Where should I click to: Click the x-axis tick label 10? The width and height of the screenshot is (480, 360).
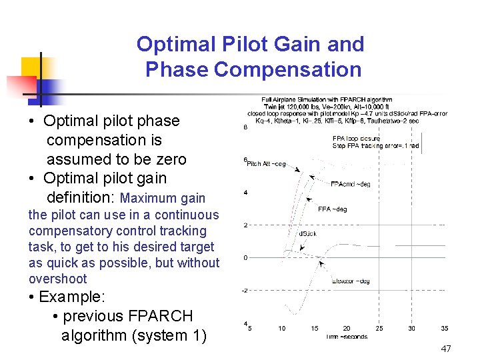click(x=282, y=328)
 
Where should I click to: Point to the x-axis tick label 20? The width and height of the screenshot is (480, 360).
click(x=347, y=328)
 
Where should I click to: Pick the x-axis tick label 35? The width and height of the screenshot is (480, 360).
click(x=444, y=328)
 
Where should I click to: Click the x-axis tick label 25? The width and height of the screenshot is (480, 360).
click(x=379, y=328)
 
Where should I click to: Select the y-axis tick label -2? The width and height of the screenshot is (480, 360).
click(x=246, y=290)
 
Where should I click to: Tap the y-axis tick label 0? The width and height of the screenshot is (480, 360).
click(x=246, y=257)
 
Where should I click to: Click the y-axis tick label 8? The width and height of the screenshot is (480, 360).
click(x=245, y=127)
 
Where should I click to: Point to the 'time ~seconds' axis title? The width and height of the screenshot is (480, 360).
click(x=347, y=337)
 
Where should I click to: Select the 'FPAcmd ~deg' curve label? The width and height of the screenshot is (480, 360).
click(x=350, y=185)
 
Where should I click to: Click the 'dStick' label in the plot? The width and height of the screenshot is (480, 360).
click(x=307, y=234)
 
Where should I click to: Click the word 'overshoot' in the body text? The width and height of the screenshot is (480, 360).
click(x=58, y=279)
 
